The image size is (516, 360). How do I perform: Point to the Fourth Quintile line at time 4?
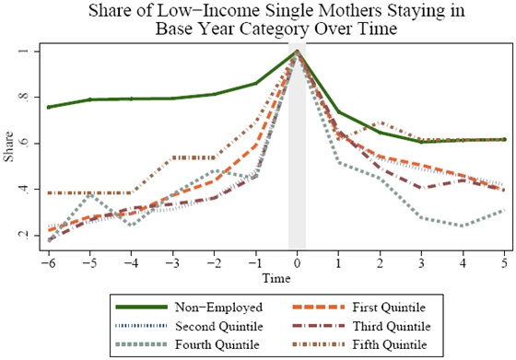click(463, 225)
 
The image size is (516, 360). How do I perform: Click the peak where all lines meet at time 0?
click(297, 52)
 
